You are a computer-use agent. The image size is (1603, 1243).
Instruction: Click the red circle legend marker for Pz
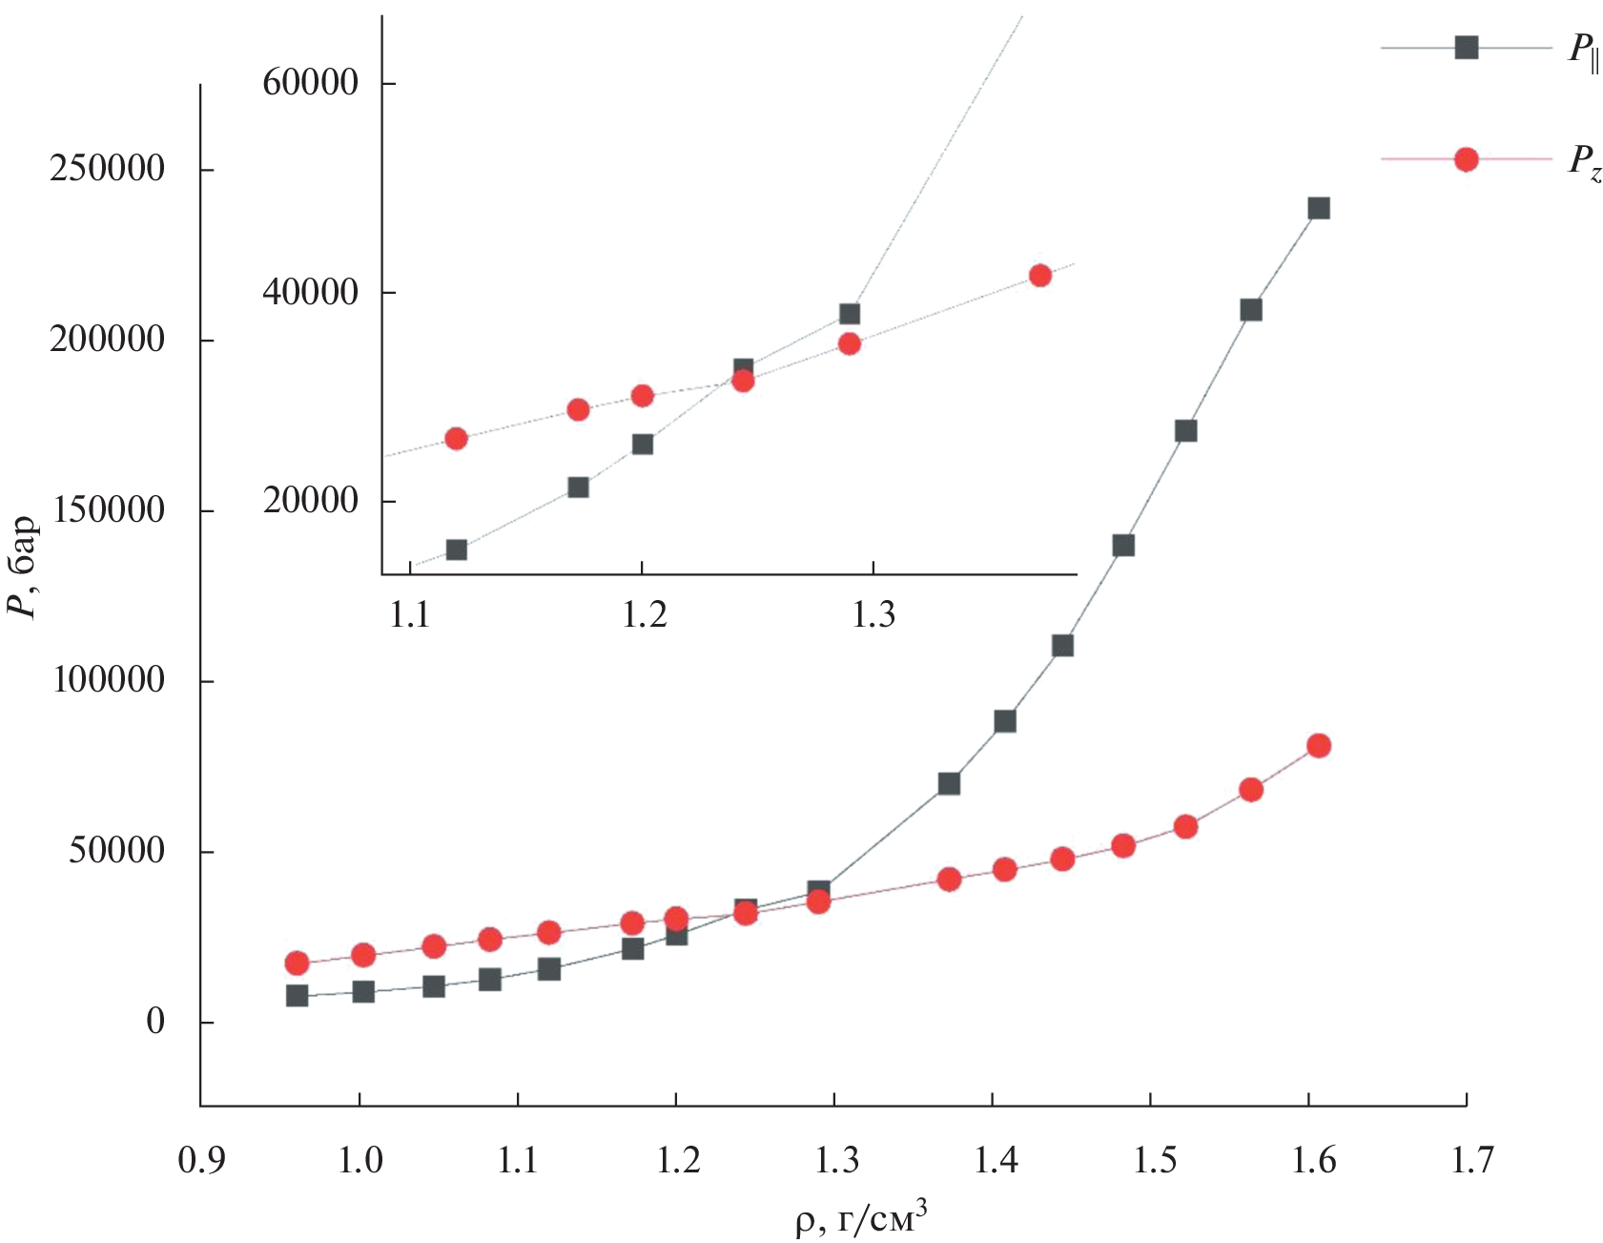click(x=1466, y=159)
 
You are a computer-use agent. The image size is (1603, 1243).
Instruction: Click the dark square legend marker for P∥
click(x=1466, y=47)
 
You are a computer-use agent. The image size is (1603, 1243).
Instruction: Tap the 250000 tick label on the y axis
click(x=107, y=169)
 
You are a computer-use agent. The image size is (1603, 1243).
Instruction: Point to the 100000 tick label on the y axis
click(x=107, y=680)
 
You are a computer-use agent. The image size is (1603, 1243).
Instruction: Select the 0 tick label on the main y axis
click(x=155, y=1022)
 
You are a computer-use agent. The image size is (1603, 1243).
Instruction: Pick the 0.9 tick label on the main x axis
click(x=201, y=1161)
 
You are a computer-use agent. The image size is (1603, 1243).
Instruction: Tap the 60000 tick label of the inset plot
click(x=310, y=82)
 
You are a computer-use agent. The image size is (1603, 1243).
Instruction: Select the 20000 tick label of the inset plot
click(x=310, y=501)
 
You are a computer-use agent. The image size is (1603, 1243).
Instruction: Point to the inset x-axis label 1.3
click(x=873, y=615)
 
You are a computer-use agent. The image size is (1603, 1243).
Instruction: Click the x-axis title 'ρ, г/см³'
click(x=861, y=1219)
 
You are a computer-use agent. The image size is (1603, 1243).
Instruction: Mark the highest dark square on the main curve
click(x=1319, y=208)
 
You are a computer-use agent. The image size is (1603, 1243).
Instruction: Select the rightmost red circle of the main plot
click(x=1319, y=746)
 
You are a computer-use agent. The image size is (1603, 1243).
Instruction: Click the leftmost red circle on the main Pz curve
click(x=297, y=963)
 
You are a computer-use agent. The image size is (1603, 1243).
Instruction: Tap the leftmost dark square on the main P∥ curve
click(x=297, y=996)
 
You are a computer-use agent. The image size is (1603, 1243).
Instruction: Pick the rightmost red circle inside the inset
click(x=1040, y=276)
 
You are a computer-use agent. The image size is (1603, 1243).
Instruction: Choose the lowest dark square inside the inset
click(x=457, y=549)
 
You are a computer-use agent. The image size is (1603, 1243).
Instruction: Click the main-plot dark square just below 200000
click(x=1251, y=310)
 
